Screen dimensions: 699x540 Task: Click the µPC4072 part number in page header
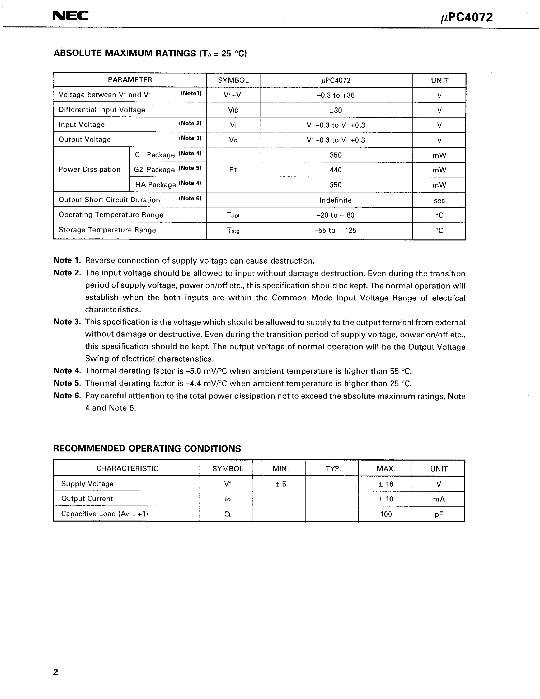click(x=466, y=18)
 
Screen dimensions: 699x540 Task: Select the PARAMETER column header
click(x=130, y=80)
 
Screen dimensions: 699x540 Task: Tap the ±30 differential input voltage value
click(x=336, y=110)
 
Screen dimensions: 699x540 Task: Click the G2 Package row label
click(x=154, y=170)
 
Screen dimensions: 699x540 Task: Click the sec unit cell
click(x=439, y=200)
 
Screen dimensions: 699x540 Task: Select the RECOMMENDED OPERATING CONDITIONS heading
click(x=147, y=448)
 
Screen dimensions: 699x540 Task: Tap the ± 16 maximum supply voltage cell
click(x=386, y=484)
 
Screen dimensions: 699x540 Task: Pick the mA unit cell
click(x=438, y=499)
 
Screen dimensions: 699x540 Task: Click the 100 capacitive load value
click(x=386, y=514)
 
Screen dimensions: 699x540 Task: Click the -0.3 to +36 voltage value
click(x=336, y=95)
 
